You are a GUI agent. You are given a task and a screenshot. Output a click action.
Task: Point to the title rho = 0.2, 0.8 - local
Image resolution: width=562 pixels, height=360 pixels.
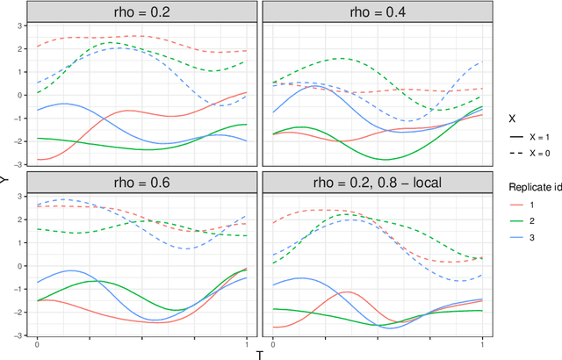coord(374,184)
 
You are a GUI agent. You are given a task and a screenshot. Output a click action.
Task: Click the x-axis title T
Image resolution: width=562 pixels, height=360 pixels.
coord(259,354)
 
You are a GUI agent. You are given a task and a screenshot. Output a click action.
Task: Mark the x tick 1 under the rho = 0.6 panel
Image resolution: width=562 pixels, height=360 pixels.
coord(247,343)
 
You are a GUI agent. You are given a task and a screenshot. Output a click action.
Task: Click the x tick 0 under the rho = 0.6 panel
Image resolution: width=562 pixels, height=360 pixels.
coord(37,343)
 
